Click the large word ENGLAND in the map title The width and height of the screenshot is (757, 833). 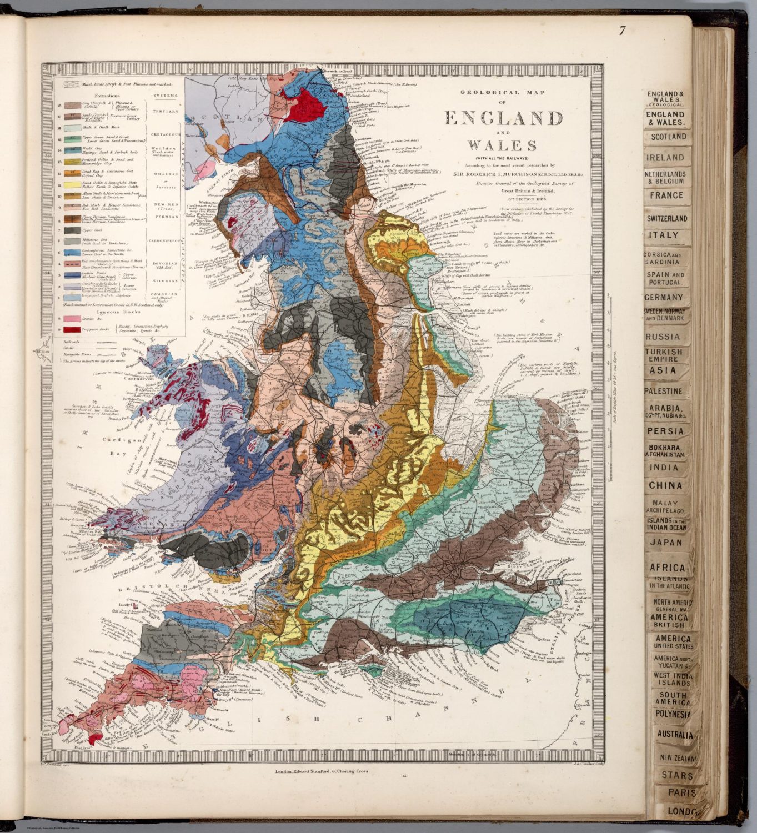point(503,118)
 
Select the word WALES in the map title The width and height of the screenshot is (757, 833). point(503,145)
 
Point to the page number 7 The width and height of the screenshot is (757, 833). point(622,31)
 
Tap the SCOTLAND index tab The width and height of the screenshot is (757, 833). point(669,137)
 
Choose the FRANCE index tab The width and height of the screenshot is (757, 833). point(668,195)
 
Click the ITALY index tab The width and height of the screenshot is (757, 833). point(664,235)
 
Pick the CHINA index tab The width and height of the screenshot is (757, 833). point(665,485)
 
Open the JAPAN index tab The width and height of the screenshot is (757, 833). point(666,543)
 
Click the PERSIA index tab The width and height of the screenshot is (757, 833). point(665,431)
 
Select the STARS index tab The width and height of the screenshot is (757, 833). point(676,776)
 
